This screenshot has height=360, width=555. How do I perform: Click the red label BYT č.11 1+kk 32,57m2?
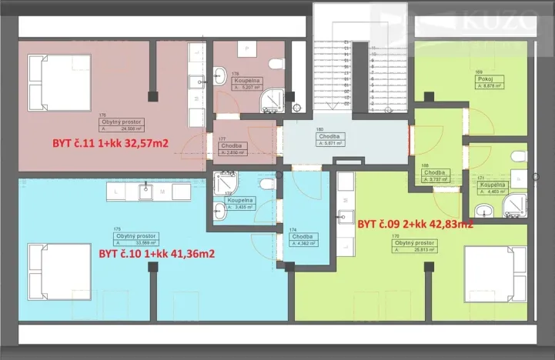[110, 142]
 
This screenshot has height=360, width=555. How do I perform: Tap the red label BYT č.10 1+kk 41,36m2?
[156, 253]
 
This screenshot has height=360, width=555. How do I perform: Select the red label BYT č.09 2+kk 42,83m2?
[415, 224]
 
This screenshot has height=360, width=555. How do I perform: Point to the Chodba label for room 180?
[330, 139]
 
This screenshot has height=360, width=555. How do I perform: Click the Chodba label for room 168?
[435, 175]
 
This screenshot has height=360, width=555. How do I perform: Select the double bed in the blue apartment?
[48, 268]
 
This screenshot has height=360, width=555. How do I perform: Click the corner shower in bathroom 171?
[514, 205]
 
